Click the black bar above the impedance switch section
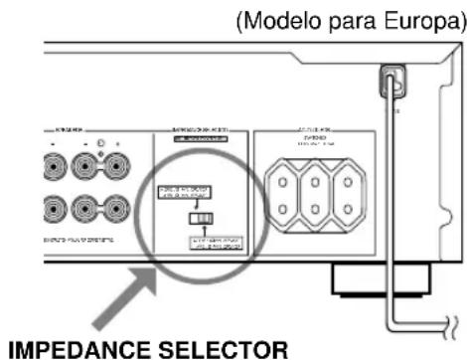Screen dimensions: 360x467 point(205,138)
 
